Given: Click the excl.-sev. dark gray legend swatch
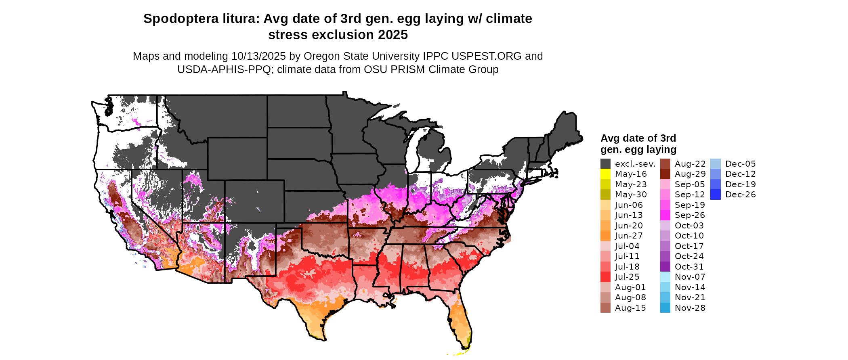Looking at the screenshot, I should (605, 164).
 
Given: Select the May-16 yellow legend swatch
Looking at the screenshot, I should (605, 174).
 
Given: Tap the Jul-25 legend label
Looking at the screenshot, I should (627, 277).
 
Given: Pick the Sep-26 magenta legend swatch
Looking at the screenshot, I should (665, 215).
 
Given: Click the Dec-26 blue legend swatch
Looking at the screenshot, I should (715, 195).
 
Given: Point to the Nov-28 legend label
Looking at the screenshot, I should (690, 308).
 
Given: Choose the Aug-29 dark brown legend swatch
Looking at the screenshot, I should (665, 174).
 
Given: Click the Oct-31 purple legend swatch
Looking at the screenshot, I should (665, 267).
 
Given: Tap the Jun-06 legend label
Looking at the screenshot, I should (629, 205).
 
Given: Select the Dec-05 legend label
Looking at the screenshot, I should (740, 164).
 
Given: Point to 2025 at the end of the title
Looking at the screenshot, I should (393, 35).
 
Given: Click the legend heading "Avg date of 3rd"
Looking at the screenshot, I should (638, 138).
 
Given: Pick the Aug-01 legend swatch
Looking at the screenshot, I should (605, 287).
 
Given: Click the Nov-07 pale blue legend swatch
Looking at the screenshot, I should (665, 277).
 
